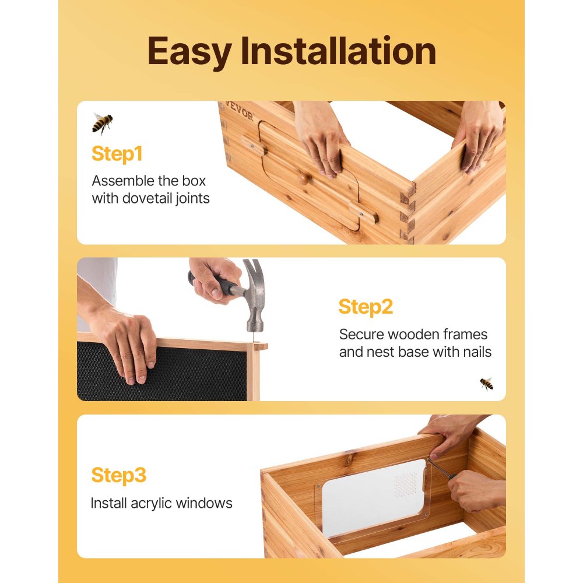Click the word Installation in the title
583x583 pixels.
[339, 52]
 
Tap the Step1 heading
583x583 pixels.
[117, 154]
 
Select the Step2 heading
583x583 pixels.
[366, 307]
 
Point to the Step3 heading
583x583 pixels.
[118, 475]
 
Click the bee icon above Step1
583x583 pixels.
[102, 123]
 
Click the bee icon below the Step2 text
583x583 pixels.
[486, 383]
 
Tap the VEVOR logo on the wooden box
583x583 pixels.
[240, 112]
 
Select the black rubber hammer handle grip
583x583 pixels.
[219, 284]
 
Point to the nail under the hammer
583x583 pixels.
[255, 339]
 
